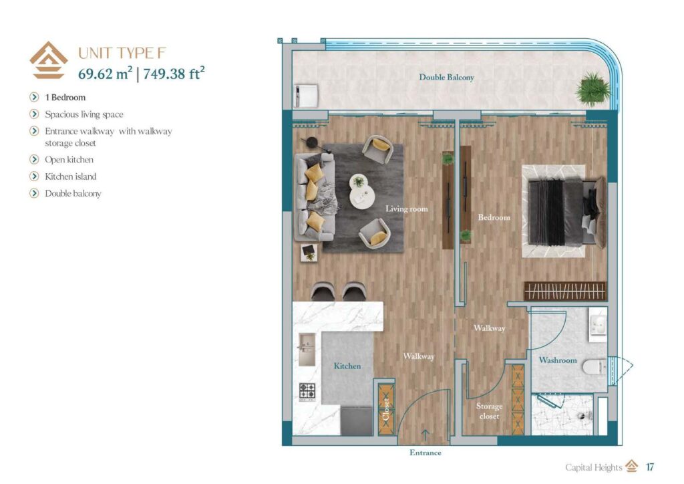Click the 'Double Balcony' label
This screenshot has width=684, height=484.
(x=446, y=78)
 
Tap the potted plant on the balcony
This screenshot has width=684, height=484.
(x=591, y=90)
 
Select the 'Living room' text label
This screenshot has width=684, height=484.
(x=406, y=209)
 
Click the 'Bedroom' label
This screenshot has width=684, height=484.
(x=494, y=217)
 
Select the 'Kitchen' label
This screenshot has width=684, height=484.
(x=347, y=366)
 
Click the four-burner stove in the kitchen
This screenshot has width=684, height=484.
(x=307, y=390)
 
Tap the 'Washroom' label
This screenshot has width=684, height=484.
(x=557, y=360)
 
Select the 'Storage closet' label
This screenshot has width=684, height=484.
(x=489, y=411)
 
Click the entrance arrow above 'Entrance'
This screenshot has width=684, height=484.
(x=425, y=438)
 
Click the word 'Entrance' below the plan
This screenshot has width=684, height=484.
(x=425, y=453)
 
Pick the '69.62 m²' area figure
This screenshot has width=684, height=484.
(x=105, y=74)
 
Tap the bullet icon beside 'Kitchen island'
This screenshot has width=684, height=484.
(x=34, y=176)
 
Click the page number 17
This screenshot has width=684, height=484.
(x=649, y=467)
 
